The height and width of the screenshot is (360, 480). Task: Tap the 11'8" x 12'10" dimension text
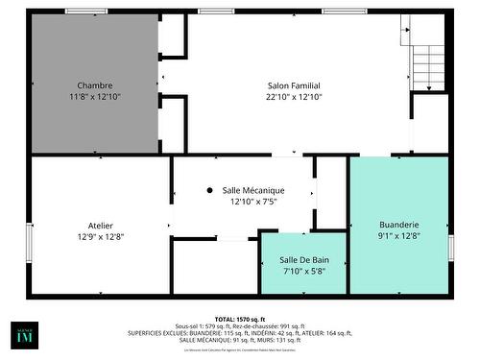94,97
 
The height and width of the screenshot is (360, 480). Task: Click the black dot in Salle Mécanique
209,190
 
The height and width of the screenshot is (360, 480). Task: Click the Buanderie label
398,225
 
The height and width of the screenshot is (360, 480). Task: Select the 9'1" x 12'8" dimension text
398,237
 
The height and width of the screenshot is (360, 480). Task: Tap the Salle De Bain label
302,260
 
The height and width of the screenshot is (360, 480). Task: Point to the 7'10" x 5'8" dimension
302,272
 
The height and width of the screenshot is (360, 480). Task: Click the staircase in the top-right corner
426,58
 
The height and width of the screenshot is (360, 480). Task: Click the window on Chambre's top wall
86,12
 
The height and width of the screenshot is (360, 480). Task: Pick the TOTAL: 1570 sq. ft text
240,319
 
